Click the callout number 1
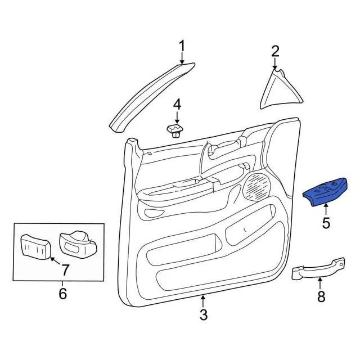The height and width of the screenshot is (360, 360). tap(182, 45)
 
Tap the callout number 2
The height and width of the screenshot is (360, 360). tap(275, 52)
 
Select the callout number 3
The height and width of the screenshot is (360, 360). tap(204, 315)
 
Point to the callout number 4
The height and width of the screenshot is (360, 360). tap(177, 104)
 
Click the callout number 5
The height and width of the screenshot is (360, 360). tap(326, 223)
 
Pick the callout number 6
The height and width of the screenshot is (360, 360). tap(62, 293)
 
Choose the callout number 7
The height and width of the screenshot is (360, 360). tap(65, 269)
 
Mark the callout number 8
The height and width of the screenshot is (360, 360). tap(321, 297)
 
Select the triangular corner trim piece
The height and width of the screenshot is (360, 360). tap(281, 90)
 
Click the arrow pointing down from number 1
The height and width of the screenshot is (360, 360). tap(182, 58)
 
